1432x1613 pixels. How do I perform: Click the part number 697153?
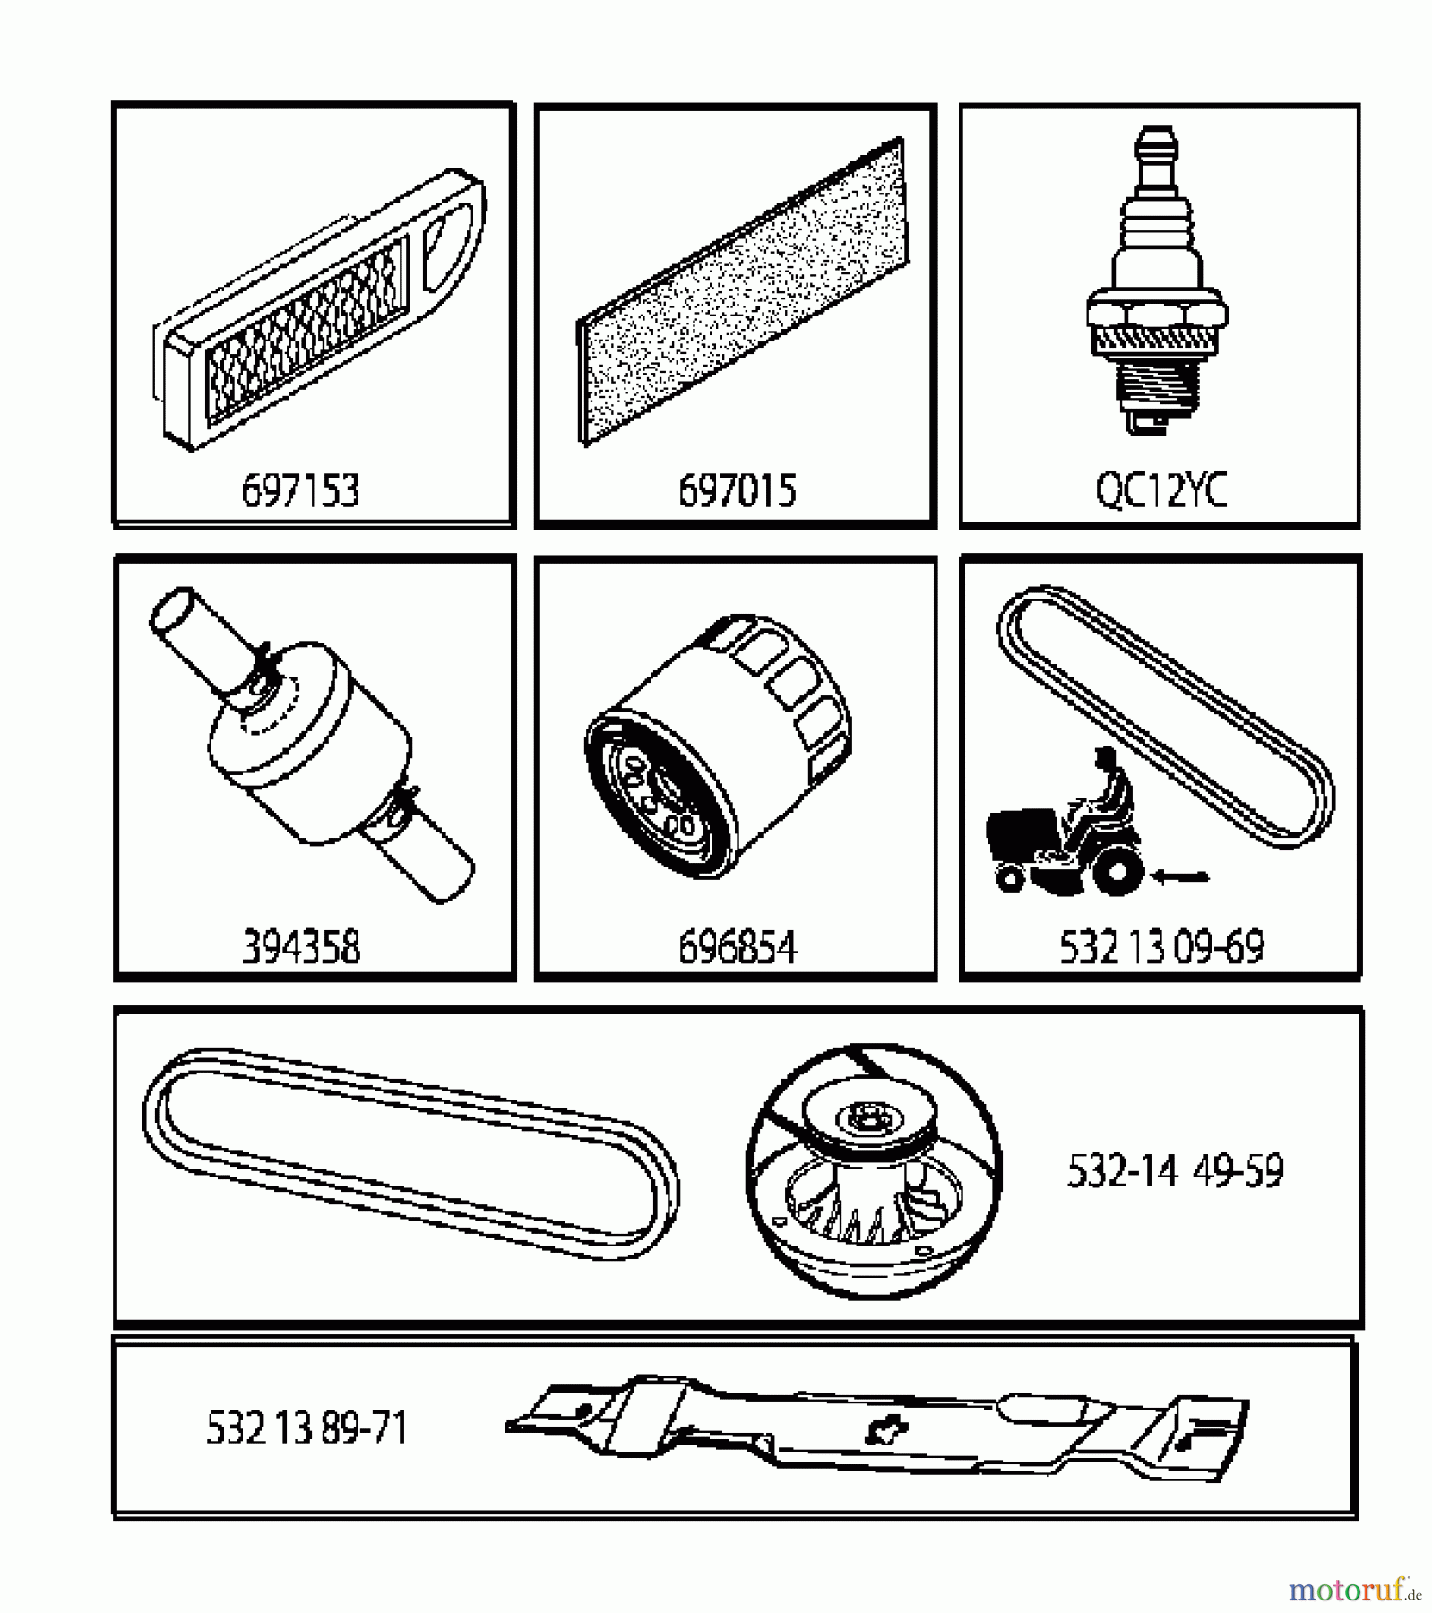pyautogui.click(x=300, y=491)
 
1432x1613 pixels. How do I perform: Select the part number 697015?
pyautogui.click(x=737, y=491)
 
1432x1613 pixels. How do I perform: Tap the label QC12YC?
pyautogui.click(x=1160, y=490)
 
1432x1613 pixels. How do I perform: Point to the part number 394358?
pyautogui.click(x=301, y=947)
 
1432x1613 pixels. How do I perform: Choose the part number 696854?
pyautogui.click(x=737, y=947)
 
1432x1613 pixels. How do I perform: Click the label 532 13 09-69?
pyautogui.click(x=1161, y=947)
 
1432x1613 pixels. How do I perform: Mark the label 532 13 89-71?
pyautogui.click(x=306, y=1428)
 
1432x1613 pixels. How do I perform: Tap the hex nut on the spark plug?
pyautogui.click(x=1157, y=315)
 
